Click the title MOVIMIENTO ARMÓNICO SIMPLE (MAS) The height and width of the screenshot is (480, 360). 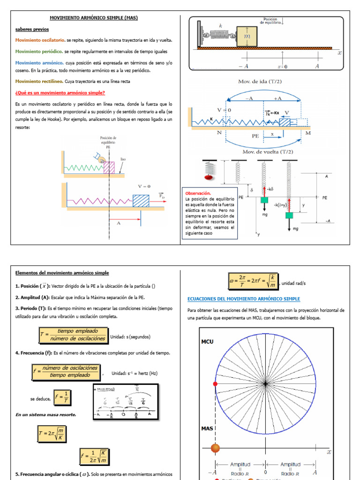[x=94, y=18]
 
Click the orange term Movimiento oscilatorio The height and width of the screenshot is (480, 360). [x=39, y=40]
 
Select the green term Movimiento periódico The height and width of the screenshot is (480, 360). [x=38, y=51]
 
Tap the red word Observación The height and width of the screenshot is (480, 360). [x=198, y=193]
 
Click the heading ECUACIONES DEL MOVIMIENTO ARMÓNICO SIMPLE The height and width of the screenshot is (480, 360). [x=243, y=299]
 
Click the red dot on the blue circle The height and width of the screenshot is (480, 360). [x=215, y=384]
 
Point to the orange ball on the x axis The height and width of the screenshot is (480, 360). [x=215, y=448]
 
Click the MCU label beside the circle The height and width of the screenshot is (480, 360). [x=207, y=342]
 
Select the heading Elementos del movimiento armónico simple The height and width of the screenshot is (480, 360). [x=62, y=273]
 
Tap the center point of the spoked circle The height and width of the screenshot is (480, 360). [x=265, y=383]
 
